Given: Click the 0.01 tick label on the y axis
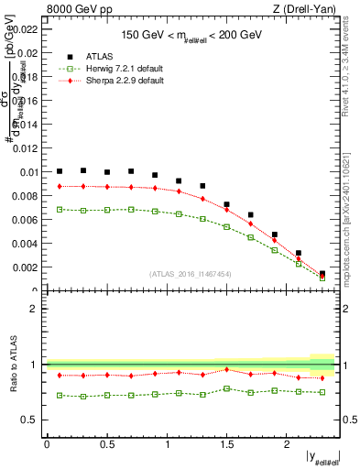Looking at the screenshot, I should pyautogui.click(x=30, y=172).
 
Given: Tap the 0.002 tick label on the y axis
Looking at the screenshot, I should pyautogui.click(x=27, y=267).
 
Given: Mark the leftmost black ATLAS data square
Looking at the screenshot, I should pyautogui.click(x=60, y=171).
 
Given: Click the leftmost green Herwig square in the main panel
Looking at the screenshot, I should pyautogui.click(x=60, y=209).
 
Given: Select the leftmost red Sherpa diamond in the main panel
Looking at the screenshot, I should pyautogui.click(x=60, y=186).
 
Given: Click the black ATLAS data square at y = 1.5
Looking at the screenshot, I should pyautogui.click(x=226, y=204).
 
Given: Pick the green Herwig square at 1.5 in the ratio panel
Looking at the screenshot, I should pyautogui.click(x=226, y=388).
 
